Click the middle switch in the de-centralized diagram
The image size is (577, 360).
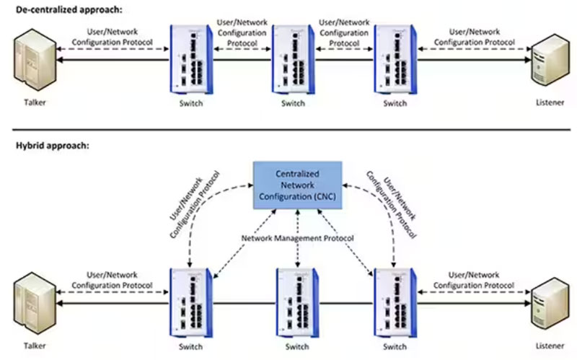tap(293, 61)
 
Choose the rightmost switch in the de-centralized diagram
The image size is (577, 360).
tap(395, 61)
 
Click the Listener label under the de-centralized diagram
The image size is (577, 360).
tap(545, 102)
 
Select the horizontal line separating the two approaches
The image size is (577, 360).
tap(288, 131)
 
